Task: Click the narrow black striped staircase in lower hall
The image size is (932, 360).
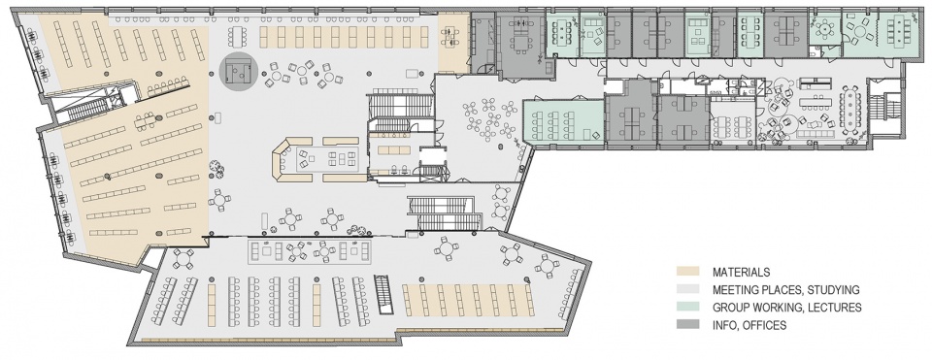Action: pos(384,294)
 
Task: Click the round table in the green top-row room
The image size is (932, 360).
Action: pos(825,27)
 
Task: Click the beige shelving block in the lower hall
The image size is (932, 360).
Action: pos(468,301)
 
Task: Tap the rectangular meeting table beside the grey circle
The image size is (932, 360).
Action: pos(239,37)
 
